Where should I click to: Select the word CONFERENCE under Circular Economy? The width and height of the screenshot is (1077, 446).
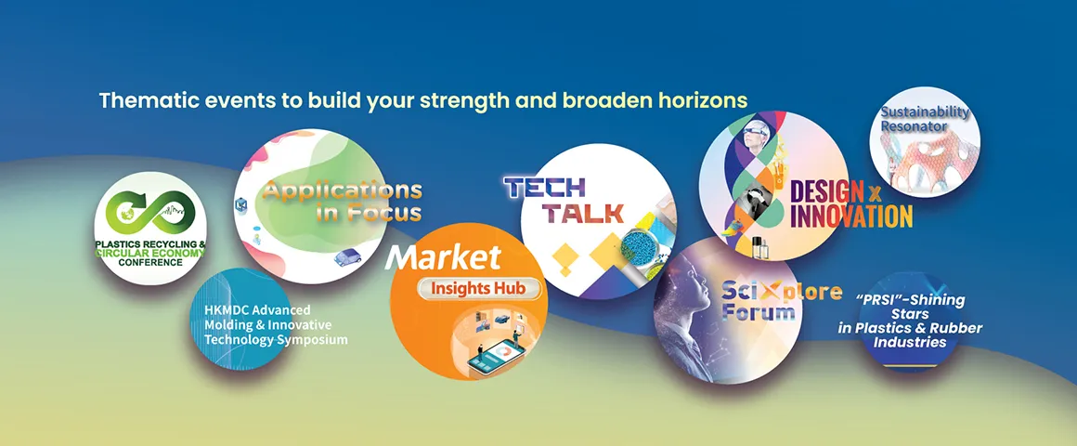tap(150, 262)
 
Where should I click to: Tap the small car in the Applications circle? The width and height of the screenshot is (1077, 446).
tap(347, 257)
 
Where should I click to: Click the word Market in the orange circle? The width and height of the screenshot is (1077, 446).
tap(443, 257)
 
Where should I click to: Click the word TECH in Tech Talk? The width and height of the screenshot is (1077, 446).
tap(545, 187)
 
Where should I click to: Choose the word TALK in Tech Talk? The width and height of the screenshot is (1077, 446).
tap(583, 213)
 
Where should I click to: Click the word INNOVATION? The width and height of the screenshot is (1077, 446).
tap(851, 216)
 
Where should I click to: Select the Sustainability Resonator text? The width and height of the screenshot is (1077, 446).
tap(926, 118)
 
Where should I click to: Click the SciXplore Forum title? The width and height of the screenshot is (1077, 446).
tap(781, 301)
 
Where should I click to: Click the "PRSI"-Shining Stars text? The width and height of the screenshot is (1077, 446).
tap(910, 321)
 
